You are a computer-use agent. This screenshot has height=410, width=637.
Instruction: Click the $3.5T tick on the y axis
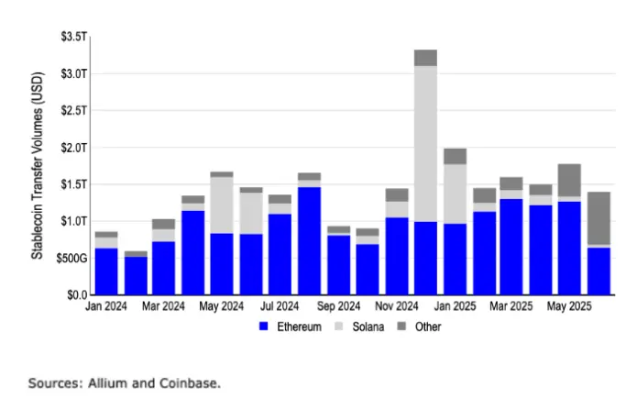click(x=73, y=36)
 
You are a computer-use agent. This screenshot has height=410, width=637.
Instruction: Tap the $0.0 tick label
click(x=76, y=295)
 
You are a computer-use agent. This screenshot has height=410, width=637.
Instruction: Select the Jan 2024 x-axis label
click(x=106, y=307)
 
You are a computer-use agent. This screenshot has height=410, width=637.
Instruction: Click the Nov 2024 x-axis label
click(x=397, y=307)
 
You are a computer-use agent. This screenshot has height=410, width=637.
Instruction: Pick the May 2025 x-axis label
click(x=571, y=307)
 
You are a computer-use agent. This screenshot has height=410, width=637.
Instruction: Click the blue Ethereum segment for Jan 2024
click(x=106, y=271)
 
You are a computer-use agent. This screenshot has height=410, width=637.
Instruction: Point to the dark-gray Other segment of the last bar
click(x=599, y=218)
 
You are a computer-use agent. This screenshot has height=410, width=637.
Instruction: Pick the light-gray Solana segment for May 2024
click(x=222, y=205)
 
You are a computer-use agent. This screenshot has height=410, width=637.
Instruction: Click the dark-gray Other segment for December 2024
click(x=425, y=58)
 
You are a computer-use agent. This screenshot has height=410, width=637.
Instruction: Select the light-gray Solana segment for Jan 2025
click(x=455, y=194)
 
